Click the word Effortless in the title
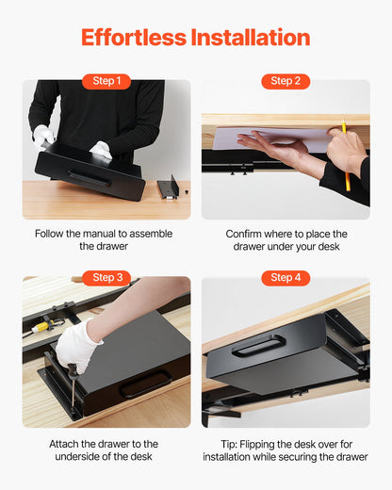pyautogui.click(x=133, y=38)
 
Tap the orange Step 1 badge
pyautogui.click(x=106, y=81)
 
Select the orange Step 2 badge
pyautogui.click(x=285, y=81)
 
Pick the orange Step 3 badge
pyautogui.click(x=106, y=277)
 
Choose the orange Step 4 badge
pyautogui.click(x=285, y=277)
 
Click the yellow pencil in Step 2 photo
pyautogui.click(x=345, y=155)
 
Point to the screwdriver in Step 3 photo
pyautogui.click(x=71, y=386)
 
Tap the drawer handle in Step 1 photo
pyautogui.click(x=89, y=178)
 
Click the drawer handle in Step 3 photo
pyautogui.click(x=145, y=383)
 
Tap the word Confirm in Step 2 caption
pyautogui.click(x=247, y=234)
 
